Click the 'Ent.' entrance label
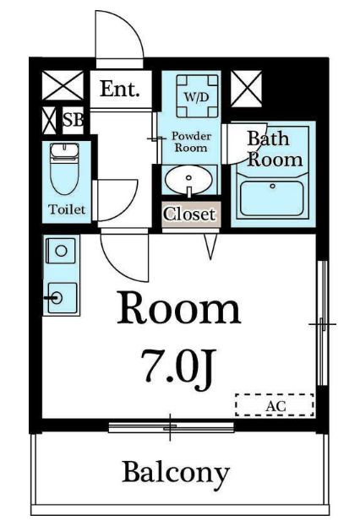(x=119, y=89)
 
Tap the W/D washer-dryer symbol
(x=197, y=95)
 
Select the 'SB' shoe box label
(x=73, y=119)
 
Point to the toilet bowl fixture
(x=64, y=169)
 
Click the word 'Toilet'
(x=67, y=209)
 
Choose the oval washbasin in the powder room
(x=189, y=181)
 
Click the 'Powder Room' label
(x=191, y=142)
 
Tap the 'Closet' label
(x=189, y=214)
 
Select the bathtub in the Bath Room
(x=272, y=198)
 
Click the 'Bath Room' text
(x=275, y=149)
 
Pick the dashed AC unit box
(x=275, y=405)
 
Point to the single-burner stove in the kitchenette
(x=61, y=251)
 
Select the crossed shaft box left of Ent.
(x=63, y=85)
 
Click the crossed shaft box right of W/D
(x=246, y=89)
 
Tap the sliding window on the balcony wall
(x=171, y=427)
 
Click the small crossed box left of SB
(x=49, y=121)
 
